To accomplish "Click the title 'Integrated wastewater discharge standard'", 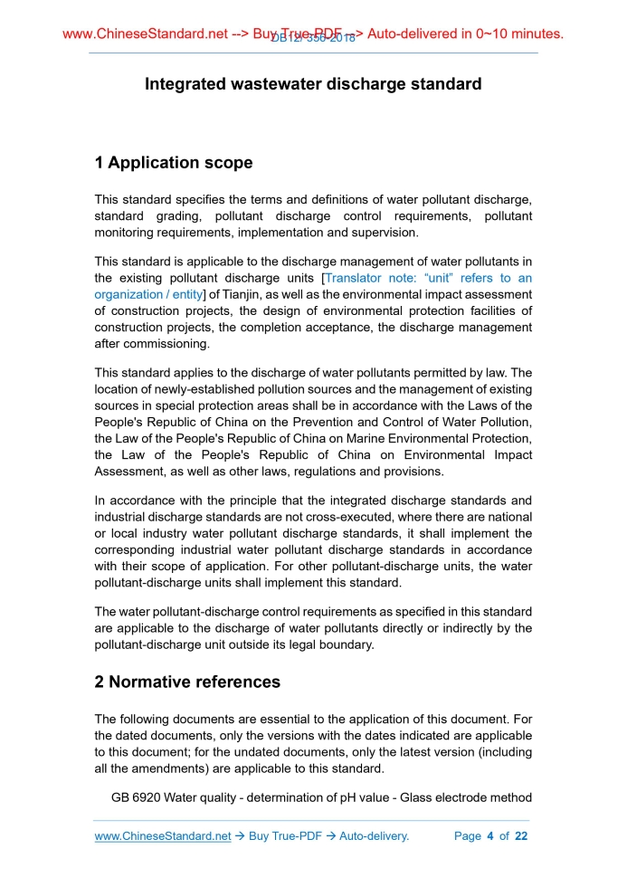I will [313, 84].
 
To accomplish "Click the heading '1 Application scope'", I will [174, 163].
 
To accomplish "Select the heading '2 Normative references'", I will [187, 682].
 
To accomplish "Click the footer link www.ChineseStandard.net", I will [163, 836].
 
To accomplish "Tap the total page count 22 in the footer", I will [520, 836].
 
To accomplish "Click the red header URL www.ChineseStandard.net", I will [146, 34].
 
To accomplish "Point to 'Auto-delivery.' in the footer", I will [374, 836].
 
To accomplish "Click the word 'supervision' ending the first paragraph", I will [385, 232].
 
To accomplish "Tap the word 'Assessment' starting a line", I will [129, 472].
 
